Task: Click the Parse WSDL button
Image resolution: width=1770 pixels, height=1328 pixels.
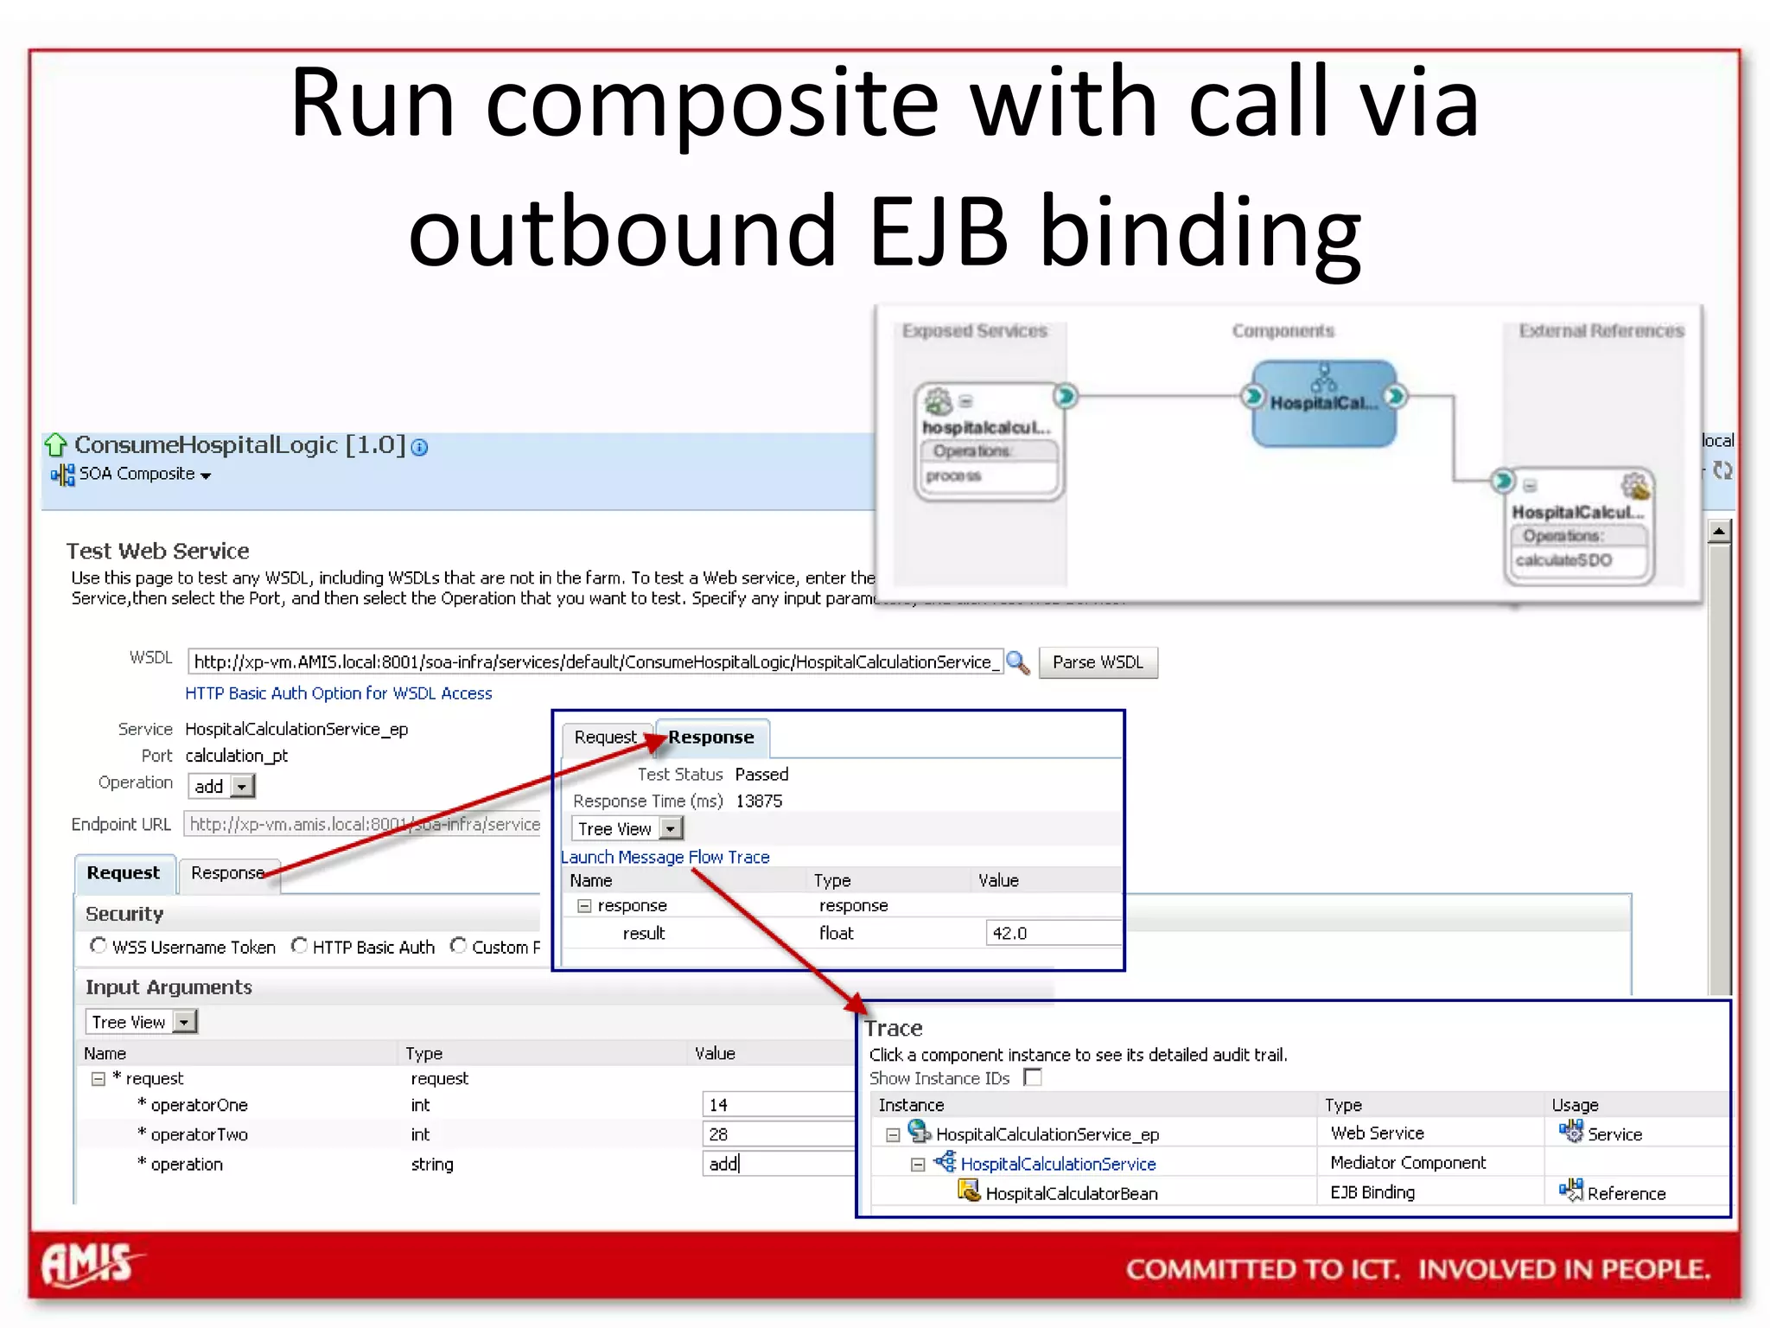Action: [x=1097, y=662]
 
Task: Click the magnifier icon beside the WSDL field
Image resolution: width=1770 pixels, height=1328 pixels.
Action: [x=1017, y=662]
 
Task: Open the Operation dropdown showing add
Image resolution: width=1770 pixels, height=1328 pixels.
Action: [x=242, y=787]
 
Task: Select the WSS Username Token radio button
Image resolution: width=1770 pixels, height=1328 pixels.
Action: [x=99, y=946]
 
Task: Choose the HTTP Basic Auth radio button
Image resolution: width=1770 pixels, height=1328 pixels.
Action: [x=299, y=946]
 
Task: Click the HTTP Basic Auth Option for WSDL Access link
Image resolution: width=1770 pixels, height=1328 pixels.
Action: [x=338, y=693]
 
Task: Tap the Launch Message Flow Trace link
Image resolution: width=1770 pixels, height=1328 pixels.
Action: [x=665, y=857]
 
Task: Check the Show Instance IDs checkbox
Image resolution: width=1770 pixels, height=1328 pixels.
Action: [x=1033, y=1077]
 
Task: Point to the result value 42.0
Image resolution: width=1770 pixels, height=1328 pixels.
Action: [x=1009, y=933]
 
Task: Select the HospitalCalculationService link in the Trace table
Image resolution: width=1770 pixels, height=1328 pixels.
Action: [x=1058, y=1164]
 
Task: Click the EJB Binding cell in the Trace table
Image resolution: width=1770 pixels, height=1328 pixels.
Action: [x=1372, y=1192]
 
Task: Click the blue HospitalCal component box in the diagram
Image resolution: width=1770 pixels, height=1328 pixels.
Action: [x=1323, y=404]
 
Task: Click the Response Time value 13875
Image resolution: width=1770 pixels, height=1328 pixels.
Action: [x=759, y=801]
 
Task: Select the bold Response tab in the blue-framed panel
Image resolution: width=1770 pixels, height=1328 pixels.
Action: [x=710, y=737]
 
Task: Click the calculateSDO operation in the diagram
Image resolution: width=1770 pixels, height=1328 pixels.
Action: [x=1563, y=560]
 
